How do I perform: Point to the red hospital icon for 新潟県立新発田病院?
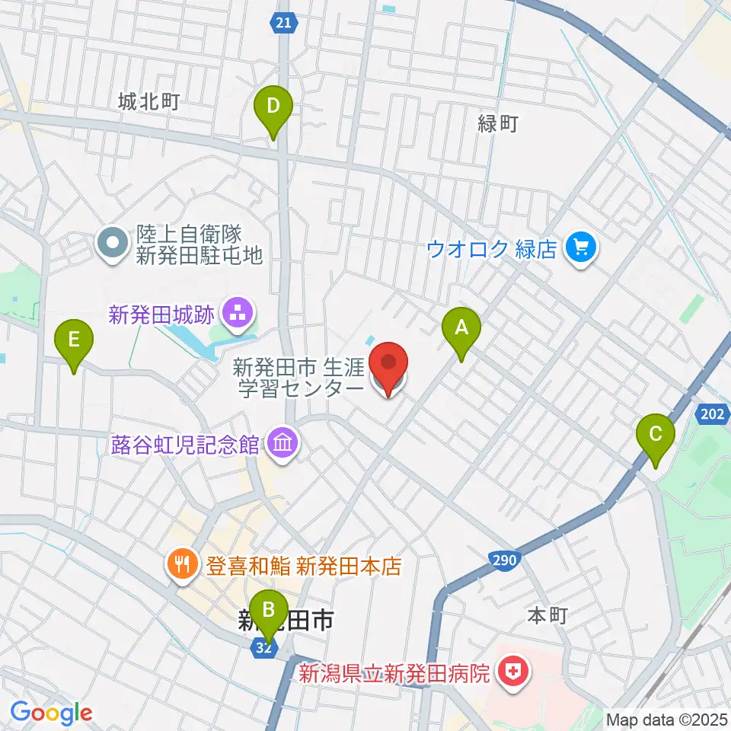(x=509, y=672)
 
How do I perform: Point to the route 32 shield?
(x=262, y=647)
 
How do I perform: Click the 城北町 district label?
(x=148, y=101)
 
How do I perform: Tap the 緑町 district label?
(x=498, y=123)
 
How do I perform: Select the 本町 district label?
(x=548, y=616)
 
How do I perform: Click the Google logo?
(x=51, y=713)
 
